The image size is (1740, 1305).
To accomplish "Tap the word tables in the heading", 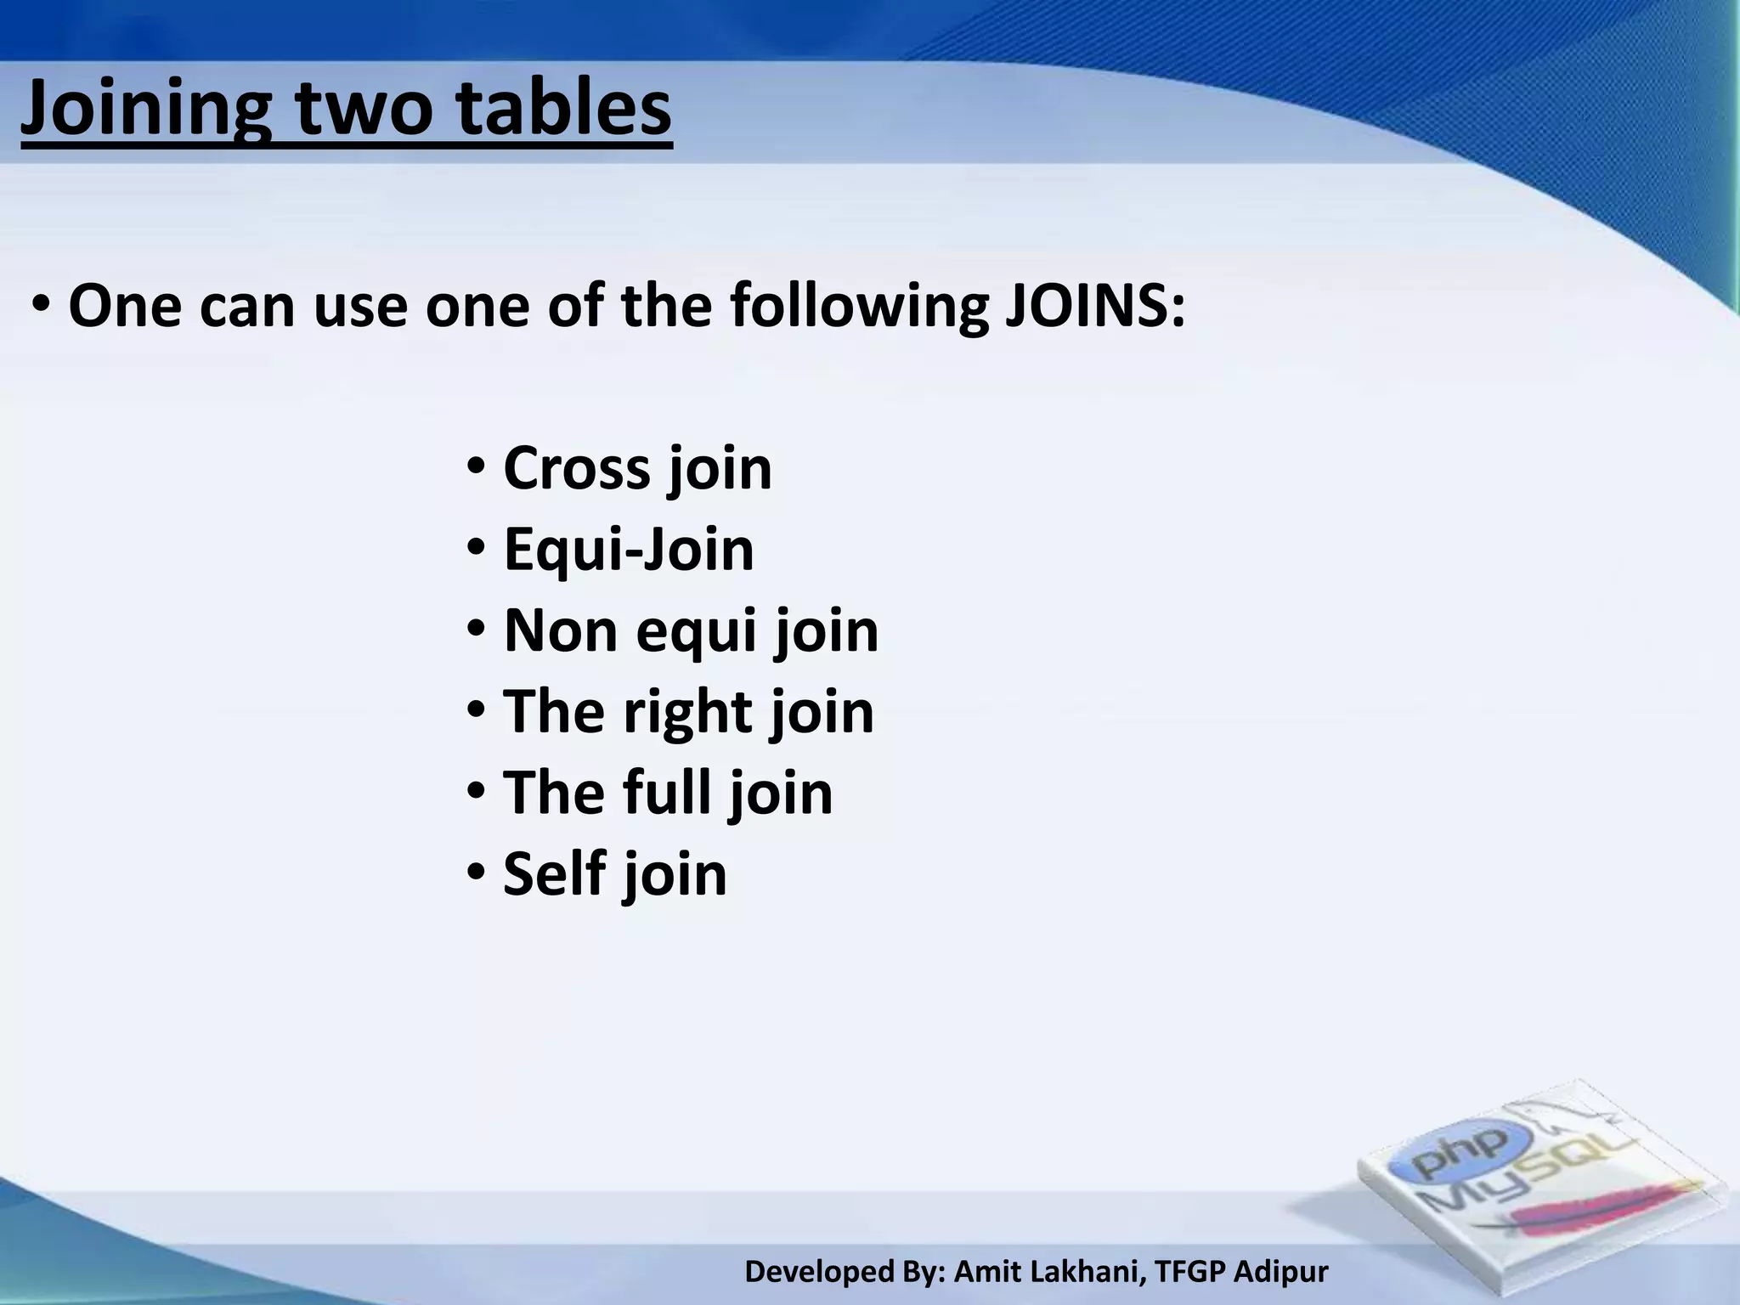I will tap(564, 109).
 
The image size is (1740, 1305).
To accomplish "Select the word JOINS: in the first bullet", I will tap(1095, 306).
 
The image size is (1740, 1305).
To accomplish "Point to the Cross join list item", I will tap(637, 469).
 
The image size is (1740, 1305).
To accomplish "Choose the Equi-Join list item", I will tap(629, 550).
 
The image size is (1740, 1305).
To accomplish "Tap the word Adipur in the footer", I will tap(1280, 1273).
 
